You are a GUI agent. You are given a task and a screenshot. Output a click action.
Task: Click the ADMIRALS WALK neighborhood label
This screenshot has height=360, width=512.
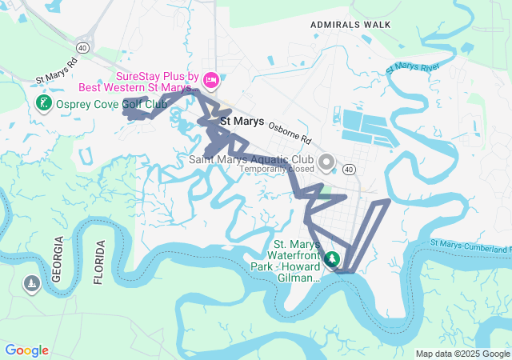click(x=351, y=25)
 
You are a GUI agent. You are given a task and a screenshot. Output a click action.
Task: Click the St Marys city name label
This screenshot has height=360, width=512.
click(x=242, y=122)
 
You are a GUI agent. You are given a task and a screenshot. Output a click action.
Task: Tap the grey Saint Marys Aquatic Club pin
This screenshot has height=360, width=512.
click(x=326, y=162)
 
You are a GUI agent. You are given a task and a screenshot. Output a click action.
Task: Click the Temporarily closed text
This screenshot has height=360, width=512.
click(x=278, y=170)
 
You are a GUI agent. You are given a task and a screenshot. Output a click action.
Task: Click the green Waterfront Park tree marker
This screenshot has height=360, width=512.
click(x=332, y=260)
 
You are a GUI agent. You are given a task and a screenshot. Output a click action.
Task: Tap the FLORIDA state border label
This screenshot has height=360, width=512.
click(x=99, y=262)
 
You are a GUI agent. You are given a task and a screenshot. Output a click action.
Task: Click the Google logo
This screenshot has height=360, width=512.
click(x=26, y=350)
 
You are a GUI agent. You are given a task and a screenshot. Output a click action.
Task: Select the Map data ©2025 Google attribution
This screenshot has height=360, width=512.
click(x=462, y=354)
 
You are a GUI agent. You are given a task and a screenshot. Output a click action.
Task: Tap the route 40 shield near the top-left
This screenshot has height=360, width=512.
click(x=83, y=49)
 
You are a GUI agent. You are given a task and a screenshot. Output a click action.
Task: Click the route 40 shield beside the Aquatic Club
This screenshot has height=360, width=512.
click(x=350, y=170)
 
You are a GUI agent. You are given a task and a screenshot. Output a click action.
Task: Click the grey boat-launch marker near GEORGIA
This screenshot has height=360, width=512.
click(x=31, y=285)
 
